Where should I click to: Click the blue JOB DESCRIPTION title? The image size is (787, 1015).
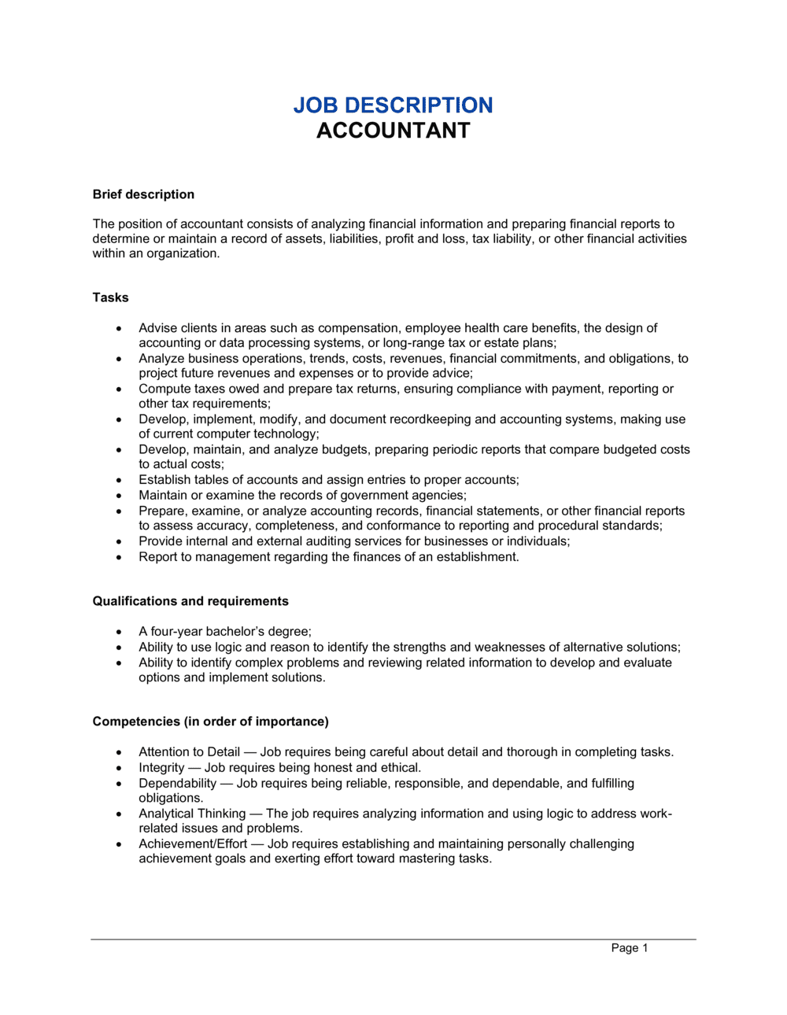(x=393, y=105)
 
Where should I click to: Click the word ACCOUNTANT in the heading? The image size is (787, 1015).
(x=393, y=131)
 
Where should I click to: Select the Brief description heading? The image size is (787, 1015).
(x=143, y=194)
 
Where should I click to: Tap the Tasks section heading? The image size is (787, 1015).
(x=110, y=297)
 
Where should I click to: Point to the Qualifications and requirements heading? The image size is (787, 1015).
(x=190, y=601)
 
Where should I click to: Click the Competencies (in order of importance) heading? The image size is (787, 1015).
(x=210, y=722)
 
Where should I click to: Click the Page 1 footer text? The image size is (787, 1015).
(x=630, y=948)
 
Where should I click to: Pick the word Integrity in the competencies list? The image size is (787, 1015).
(x=161, y=768)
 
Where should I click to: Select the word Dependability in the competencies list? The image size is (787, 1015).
(x=177, y=784)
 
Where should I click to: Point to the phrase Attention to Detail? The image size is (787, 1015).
(x=189, y=752)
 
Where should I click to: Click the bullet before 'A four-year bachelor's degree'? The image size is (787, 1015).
(x=119, y=632)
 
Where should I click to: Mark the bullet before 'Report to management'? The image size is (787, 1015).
(x=119, y=557)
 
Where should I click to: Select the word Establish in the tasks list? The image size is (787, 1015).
(x=162, y=480)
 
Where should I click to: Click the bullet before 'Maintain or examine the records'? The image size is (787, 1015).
(x=119, y=496)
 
